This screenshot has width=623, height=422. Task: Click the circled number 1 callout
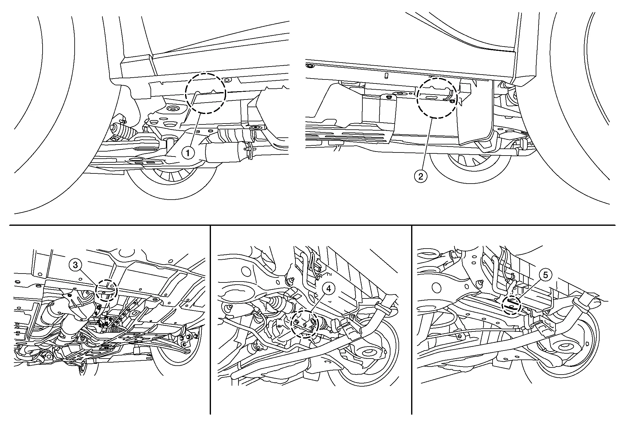coord(188,153)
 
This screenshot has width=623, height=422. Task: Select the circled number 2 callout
coord(421,177)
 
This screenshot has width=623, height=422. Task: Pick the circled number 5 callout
coord(545,275)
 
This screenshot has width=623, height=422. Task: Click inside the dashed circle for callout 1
coord(205,93)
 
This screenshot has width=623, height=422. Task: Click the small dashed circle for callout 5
coord(511,305)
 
